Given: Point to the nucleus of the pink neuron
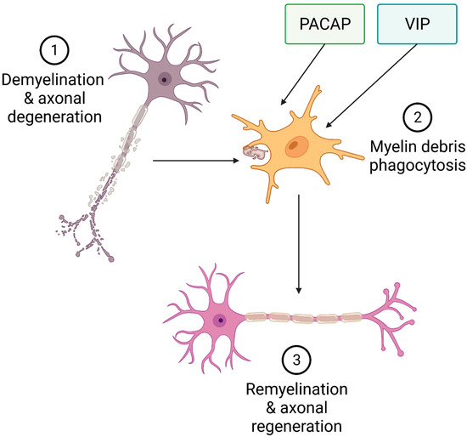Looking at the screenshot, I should click(x=221, y=321).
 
